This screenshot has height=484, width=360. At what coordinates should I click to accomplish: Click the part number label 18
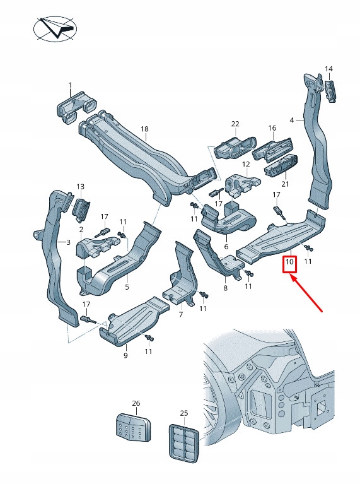(144, 129)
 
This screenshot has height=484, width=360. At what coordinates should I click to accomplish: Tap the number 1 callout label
(70, 85)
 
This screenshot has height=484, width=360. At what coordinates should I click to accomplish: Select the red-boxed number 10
(289, 261)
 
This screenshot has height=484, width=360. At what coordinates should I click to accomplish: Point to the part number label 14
(328, 69)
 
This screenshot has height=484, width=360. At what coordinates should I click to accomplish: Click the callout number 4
(292, 120)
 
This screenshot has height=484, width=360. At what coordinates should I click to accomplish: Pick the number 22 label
(235, 124)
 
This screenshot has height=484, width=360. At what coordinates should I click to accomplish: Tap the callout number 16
(272, 128)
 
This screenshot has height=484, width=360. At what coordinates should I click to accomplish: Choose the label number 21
(284, 184)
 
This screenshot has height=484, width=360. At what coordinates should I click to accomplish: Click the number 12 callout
(246, 163)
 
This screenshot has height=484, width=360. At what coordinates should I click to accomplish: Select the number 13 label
(80, 187)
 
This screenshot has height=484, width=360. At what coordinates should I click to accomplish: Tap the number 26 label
(136, 403)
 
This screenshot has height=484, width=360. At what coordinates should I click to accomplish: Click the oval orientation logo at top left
(55, 28)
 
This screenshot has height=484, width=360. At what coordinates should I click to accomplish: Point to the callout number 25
(184, 413)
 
